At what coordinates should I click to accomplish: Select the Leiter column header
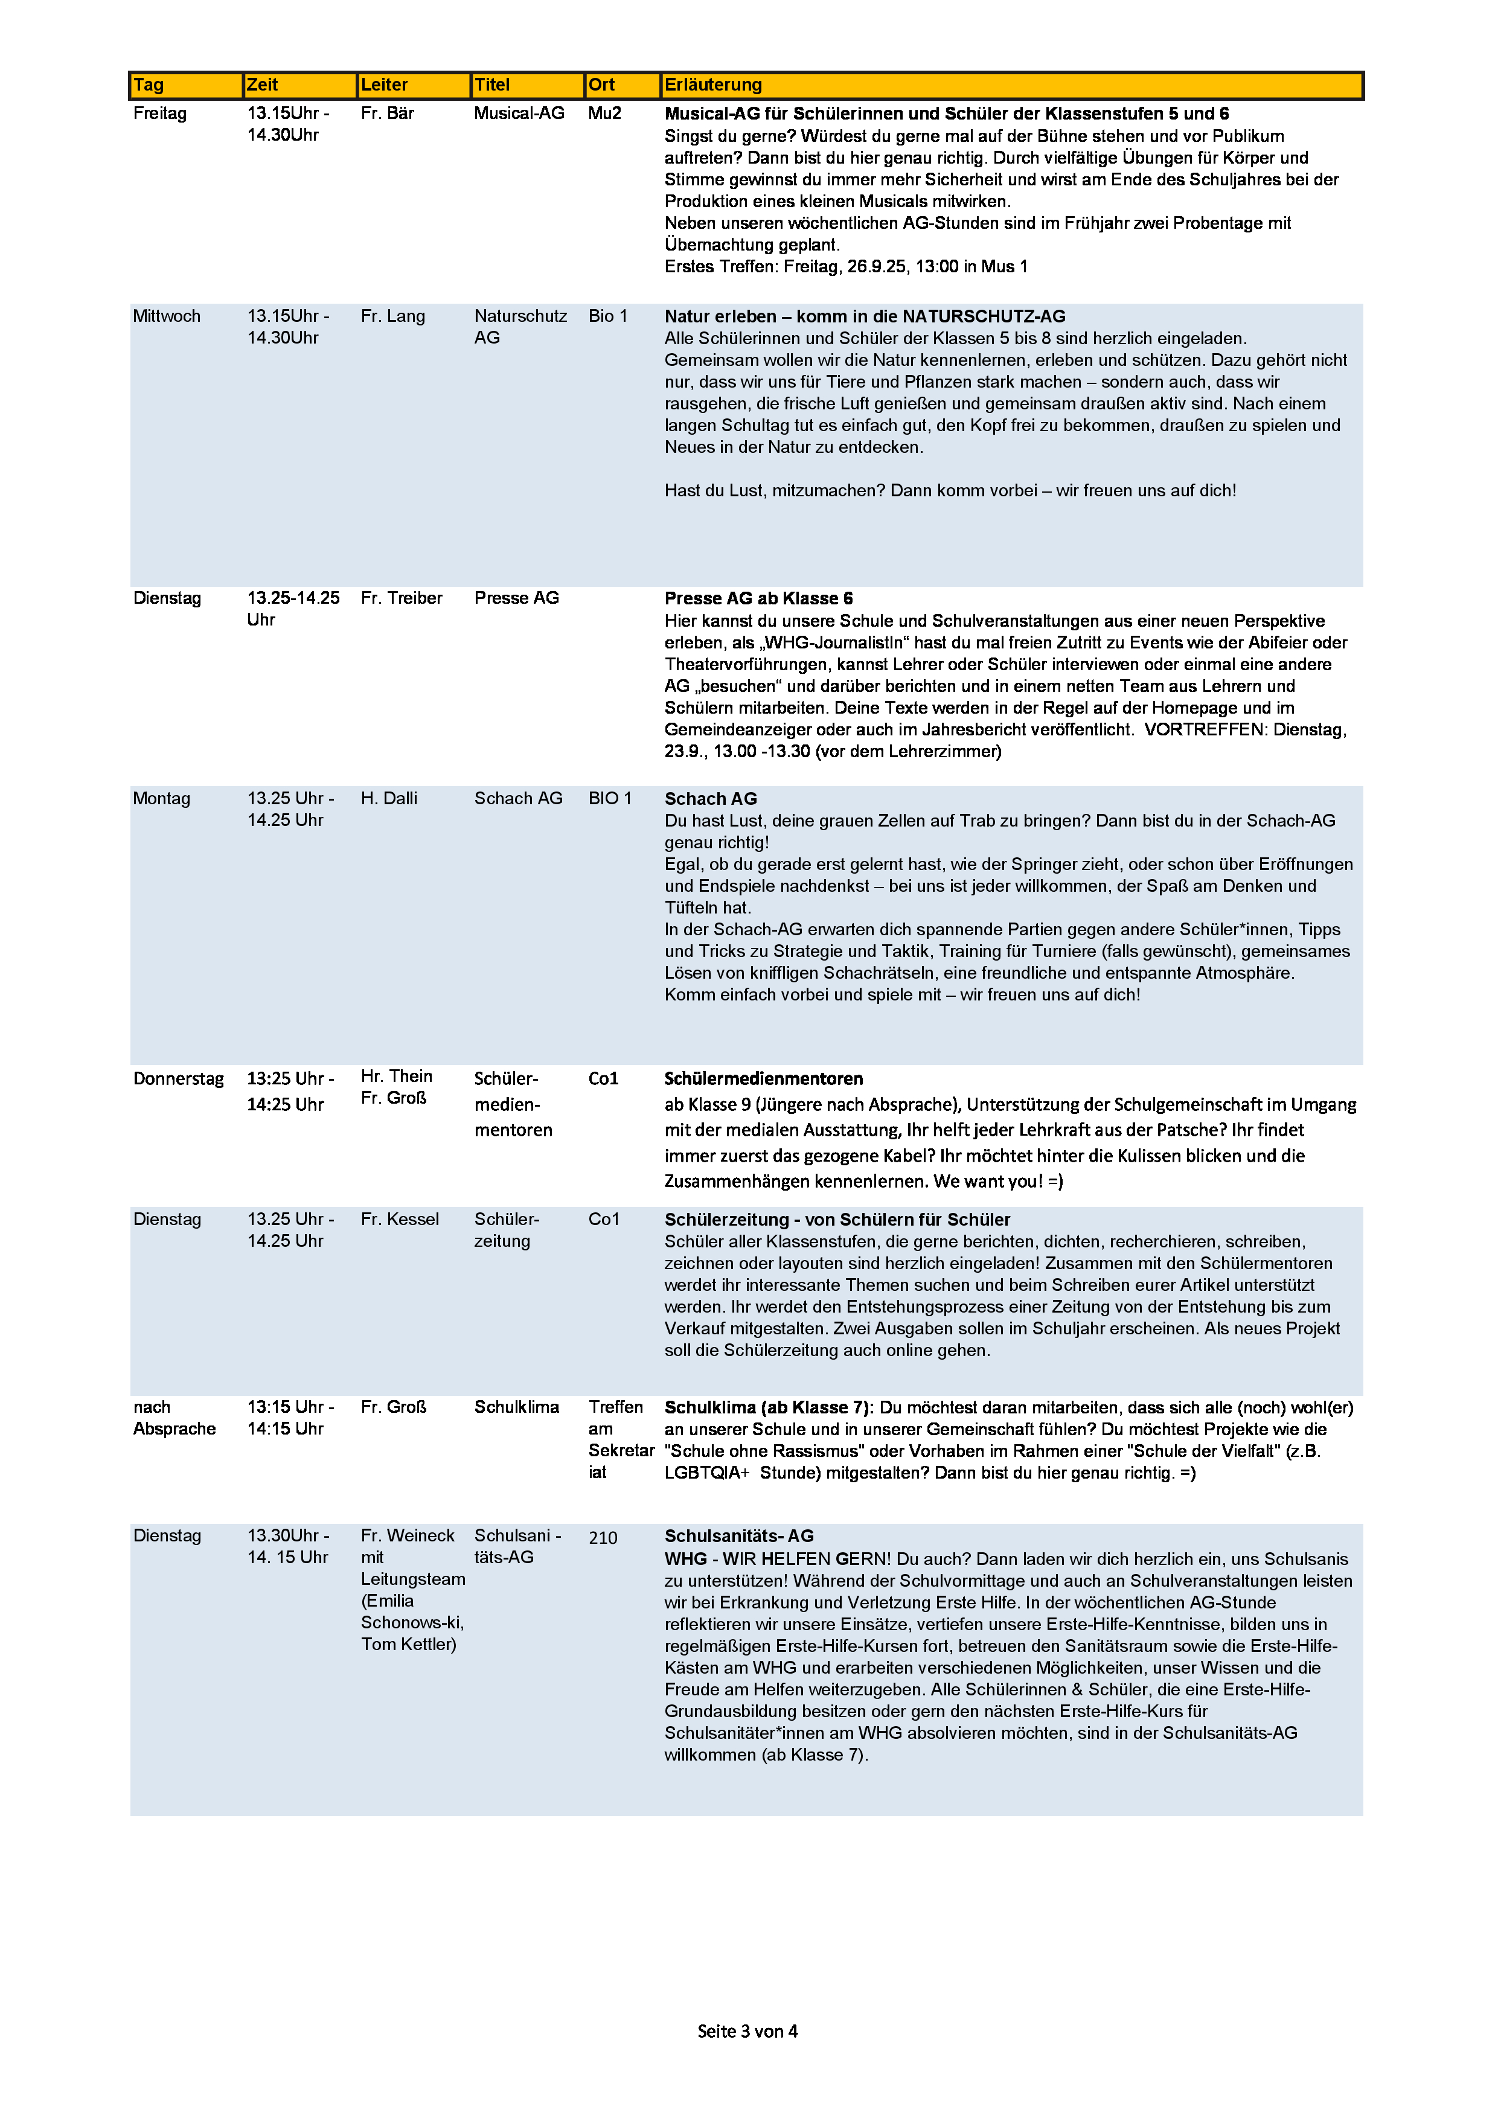[384, 85]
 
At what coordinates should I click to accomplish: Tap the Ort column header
[601, 85]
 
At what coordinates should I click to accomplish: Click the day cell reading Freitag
[159, 114]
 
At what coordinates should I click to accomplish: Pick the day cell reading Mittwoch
[166, 316]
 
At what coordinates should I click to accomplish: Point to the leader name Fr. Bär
[388, 114]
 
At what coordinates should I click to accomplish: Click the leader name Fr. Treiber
[402, 598]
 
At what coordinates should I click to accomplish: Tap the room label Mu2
[604, 114]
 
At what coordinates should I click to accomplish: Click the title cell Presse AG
[517, 598]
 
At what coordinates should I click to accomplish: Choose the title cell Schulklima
[517, 1407]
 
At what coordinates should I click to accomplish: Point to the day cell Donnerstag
[178, 1078]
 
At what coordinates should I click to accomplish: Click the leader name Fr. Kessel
[399, 1218]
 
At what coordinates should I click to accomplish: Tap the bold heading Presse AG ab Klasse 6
[758, 598]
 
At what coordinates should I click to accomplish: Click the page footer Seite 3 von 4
[747, 2030]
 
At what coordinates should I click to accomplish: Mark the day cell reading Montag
[161, 798]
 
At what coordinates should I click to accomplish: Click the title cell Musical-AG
[519, 114]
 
